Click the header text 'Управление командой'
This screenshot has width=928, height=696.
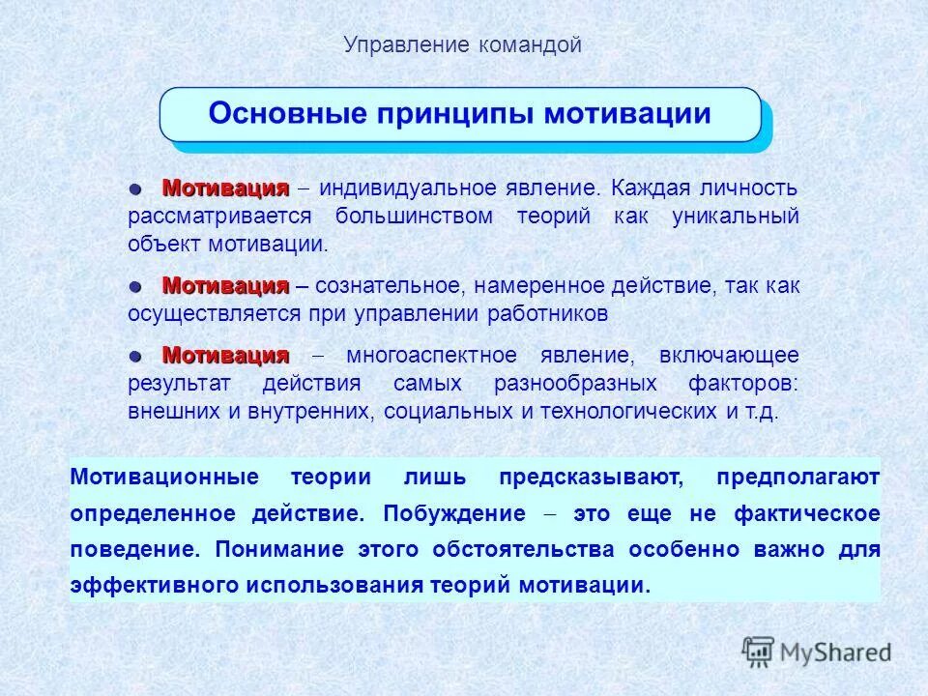tap(463, 44)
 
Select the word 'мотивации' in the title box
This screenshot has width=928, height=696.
tap(626, 114)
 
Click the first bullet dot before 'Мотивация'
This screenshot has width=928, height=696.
tap(137, 187)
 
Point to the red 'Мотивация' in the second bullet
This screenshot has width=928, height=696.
tap(225, 285)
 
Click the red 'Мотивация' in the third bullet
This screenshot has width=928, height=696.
tap(225, 354)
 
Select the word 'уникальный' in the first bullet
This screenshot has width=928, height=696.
tap(736, 216)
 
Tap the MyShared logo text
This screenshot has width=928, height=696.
tap(836, 652)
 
